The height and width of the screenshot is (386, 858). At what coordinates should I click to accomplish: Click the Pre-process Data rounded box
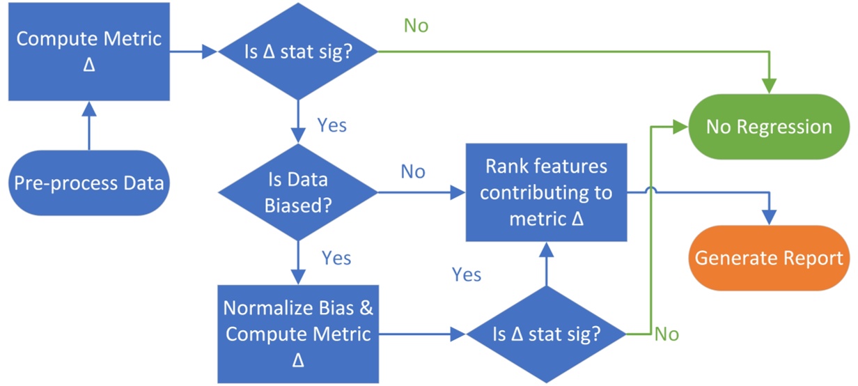[x=89, y=183]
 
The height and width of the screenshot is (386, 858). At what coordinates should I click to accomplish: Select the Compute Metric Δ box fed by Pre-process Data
[x=89, y=51]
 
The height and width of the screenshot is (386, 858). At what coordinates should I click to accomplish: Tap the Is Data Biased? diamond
[x=297, y=192]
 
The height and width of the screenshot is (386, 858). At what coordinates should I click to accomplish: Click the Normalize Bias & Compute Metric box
[x=297, y=334]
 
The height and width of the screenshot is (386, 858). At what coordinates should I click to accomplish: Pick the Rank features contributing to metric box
[x=546, y=193]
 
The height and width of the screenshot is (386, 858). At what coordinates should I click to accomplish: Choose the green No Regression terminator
[x=769, y=127]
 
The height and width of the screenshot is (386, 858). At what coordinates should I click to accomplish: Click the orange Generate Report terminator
[x=769, y=258]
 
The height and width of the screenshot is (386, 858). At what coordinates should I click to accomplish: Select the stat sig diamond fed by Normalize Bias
[x=546, y=334]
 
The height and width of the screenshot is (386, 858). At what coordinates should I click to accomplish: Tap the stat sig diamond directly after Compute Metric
[x=297, y=52]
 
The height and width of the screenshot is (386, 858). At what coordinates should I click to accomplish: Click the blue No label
[x=413, y=171]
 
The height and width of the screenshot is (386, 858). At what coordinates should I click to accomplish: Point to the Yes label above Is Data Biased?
[x=332, y=125]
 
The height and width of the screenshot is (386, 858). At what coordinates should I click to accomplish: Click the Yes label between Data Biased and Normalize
[x=336, y=258]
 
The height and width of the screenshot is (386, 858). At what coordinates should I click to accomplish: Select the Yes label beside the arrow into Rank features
[x=467, y=274]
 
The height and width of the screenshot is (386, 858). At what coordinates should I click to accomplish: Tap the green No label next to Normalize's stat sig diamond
[x=666, y=334]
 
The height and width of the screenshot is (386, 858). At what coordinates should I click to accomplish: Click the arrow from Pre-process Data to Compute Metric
[x=89, y=125]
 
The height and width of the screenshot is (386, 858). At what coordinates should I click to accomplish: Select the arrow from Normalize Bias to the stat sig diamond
[x=422, y=334]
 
